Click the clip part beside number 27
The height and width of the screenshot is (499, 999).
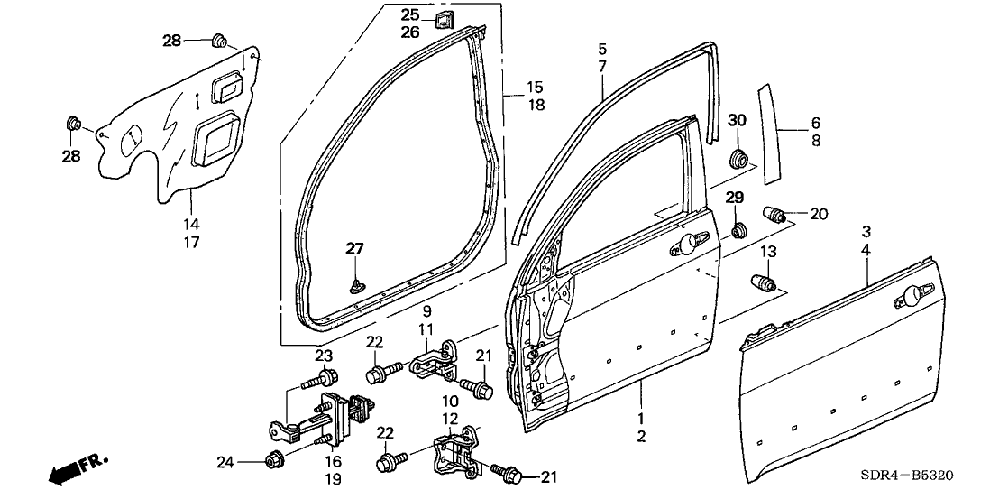pos(355,286)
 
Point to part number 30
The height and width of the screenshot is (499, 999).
pos(738,121)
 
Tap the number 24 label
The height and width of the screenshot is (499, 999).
pos(225,463)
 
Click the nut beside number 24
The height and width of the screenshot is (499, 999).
pos(273,461)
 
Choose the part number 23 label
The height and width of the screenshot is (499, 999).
pos(323,355)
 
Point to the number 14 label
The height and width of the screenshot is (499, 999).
pos(192,224)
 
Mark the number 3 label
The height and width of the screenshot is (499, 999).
pos(866,231)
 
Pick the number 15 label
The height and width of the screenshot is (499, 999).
pos(535,87)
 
